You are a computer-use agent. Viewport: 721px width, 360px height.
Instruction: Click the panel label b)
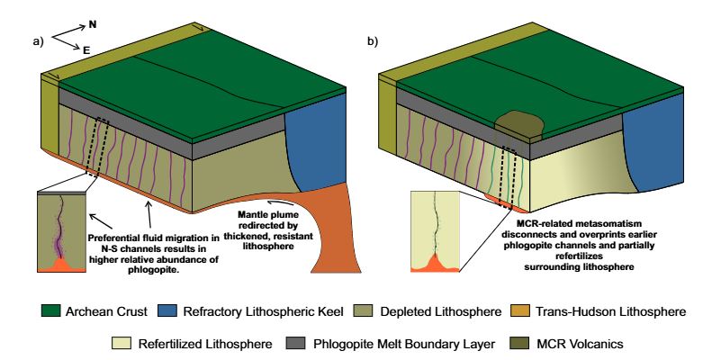tap(372, 41)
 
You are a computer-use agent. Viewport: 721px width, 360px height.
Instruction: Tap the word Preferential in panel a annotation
tap(119, 238)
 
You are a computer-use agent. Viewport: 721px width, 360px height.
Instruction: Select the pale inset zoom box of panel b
tap(435, 230)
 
